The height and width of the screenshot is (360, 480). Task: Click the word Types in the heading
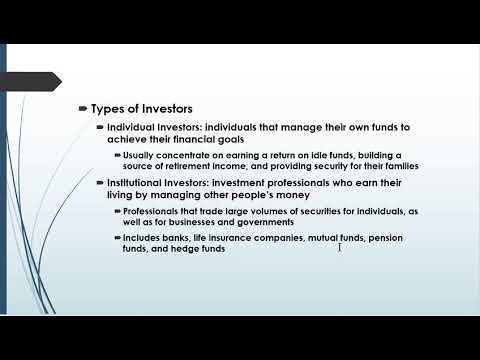coord(108,109)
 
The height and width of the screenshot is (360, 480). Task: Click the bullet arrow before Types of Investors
coord(83,108)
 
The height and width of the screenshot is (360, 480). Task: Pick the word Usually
coord(138,156)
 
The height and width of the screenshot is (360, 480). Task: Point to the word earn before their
coord(366,183)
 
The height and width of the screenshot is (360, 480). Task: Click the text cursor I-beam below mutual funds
coord(340,247)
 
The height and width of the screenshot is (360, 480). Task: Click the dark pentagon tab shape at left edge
coord(31,82)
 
